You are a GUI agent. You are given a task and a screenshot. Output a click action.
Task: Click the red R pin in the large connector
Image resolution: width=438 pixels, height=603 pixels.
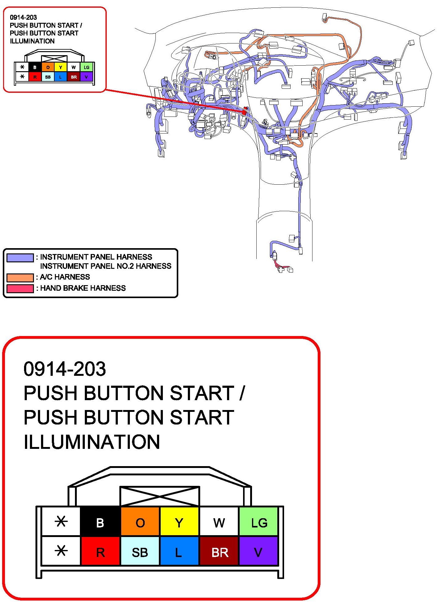[x=100, y=552]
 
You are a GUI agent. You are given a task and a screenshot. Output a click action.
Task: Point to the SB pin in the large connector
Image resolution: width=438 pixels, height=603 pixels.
[x=140, y=552]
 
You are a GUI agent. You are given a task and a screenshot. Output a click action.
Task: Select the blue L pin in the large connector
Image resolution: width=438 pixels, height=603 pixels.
[x=179, y=552]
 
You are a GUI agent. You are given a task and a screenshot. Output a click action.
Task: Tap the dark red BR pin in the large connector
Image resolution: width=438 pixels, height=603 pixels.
[x=219, y=552]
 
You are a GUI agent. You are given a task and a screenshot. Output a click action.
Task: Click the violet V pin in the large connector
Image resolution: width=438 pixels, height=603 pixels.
[x=258, y=552]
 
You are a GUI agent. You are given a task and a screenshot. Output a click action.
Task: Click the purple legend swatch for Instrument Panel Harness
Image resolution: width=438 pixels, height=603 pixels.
[x=20, y=258]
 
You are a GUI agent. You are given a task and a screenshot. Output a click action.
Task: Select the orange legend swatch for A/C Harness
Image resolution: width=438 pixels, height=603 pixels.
[x=20, y=277]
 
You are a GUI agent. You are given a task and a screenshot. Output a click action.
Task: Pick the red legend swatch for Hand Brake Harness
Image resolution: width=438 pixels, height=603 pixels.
[x=20, y=289]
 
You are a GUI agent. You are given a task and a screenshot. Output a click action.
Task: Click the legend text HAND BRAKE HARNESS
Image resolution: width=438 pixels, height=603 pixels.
[x=83, y=288]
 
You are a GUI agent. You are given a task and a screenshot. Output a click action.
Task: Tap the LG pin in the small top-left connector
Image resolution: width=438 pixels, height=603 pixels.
[x=86, y=67]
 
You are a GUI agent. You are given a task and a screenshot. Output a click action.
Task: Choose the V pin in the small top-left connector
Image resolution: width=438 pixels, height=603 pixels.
[x=86, y=77]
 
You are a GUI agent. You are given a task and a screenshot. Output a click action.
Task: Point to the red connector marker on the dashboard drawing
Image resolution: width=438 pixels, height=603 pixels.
[x=245, y=111]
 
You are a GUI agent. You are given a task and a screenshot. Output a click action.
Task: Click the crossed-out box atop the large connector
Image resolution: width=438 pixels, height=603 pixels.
[x=159, y=496]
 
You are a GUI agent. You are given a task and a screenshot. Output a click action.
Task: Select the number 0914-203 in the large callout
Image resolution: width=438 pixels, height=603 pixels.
[x=65, y=369]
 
